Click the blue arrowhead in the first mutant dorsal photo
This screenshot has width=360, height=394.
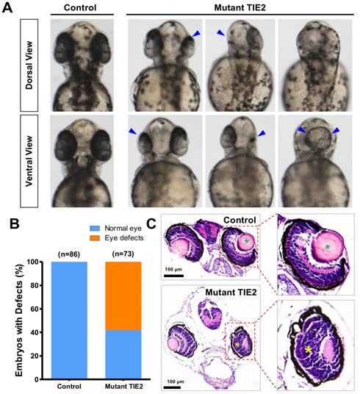[x=195, y=34]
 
